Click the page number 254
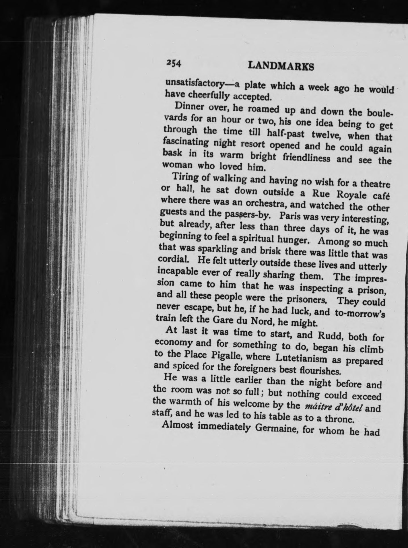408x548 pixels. pos(173,63)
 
